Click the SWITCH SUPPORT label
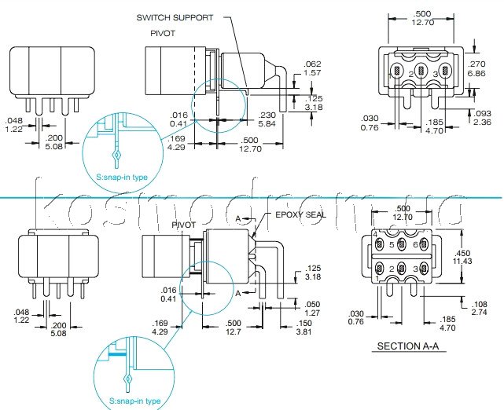point(175,17)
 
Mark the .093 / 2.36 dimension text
point(482,117)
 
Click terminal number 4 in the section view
point(376,235)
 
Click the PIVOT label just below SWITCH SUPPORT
point(164,34)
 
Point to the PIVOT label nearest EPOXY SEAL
point(183,225)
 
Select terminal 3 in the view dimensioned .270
point(435,74)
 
